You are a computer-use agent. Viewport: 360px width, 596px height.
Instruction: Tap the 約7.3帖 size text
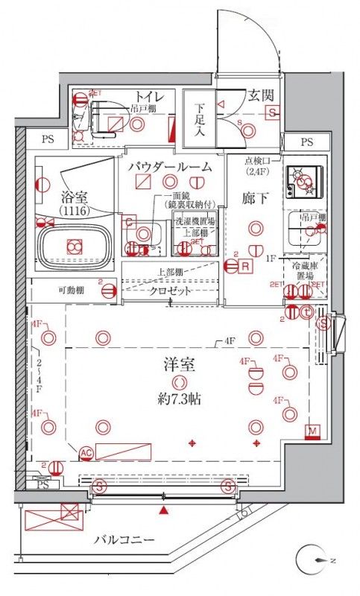(179, 399)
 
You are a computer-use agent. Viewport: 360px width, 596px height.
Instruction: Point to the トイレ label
(149, 95)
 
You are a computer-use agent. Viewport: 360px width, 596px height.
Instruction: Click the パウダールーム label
(174, 165)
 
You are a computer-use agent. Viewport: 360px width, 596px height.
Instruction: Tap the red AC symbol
(86, 452)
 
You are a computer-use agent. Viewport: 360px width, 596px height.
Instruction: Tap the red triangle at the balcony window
(163, 510)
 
